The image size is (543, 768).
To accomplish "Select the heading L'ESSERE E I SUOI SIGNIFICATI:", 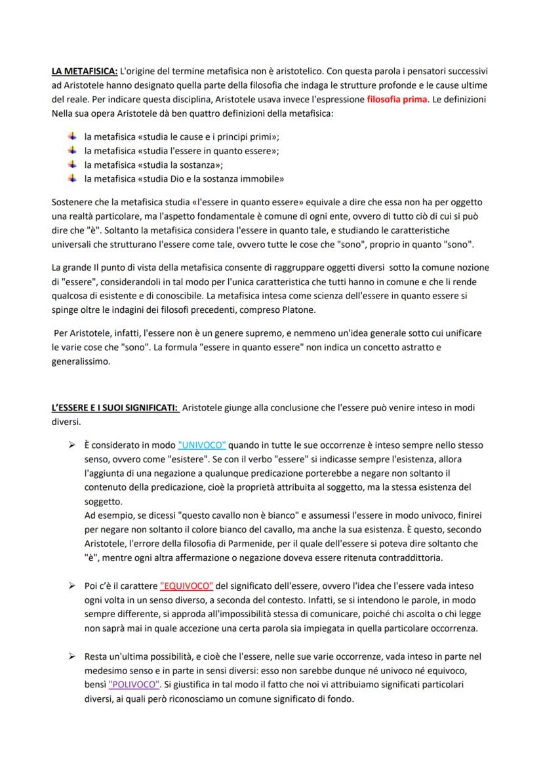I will click(x=115, y=407).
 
